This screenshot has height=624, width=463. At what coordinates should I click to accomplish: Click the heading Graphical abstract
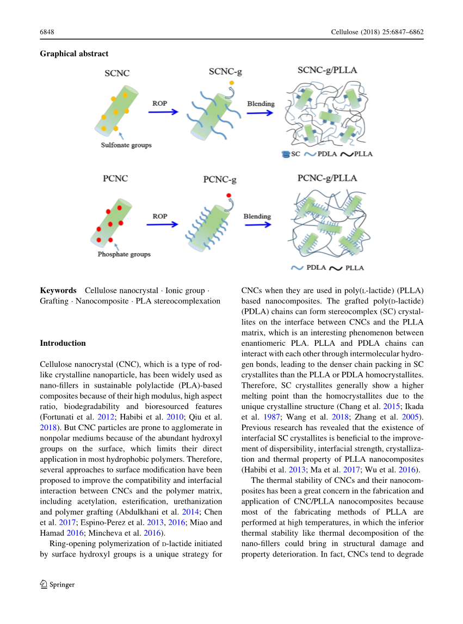[x=74, y=53]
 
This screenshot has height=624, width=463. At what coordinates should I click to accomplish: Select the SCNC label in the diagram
[x=117, y=73]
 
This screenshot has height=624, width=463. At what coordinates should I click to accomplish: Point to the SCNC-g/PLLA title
[x=328, y=71]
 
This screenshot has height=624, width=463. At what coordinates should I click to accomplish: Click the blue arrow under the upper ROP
[x=163, y=112]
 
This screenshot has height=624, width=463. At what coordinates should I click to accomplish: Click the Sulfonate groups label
[x=126, y=145]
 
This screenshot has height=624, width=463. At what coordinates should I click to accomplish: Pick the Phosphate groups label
[x=124, y=254]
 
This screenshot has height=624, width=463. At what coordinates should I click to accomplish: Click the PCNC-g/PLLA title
[x=327, y=178]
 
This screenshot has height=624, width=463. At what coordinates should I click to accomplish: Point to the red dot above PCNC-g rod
[x=229, y=194]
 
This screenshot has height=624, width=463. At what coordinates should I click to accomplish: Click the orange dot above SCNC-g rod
[x=232, y=83]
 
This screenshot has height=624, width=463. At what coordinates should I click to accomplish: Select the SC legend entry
[x=291, y=154]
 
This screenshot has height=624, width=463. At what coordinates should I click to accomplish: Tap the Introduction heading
[x=63, y=343]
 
